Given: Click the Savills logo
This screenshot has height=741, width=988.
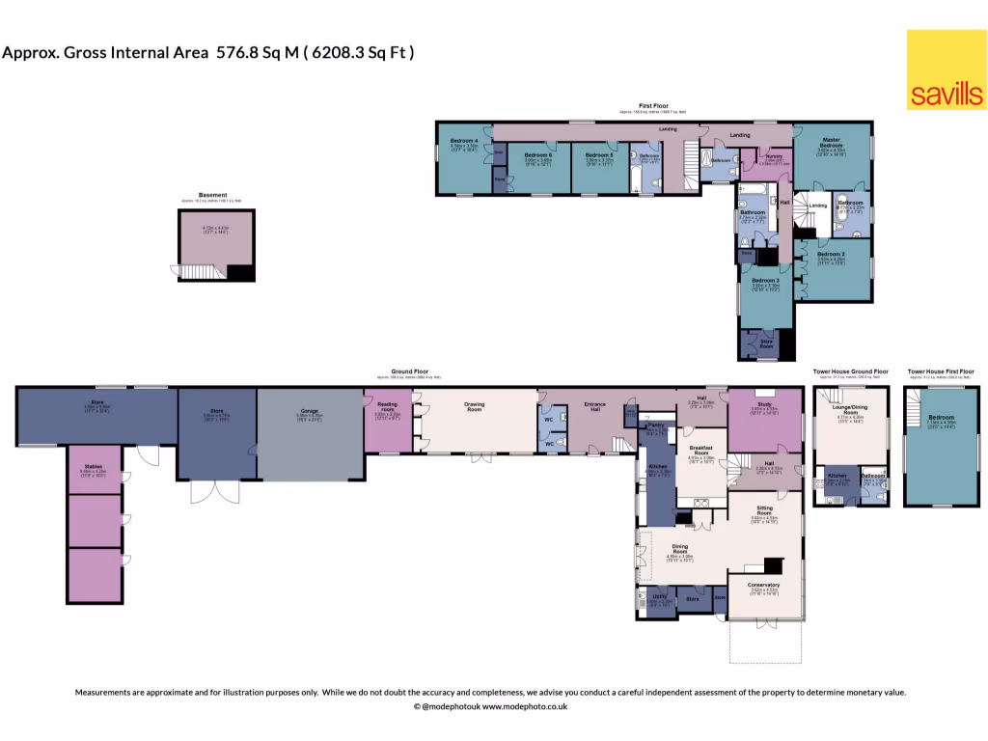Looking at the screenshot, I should pos(946,69).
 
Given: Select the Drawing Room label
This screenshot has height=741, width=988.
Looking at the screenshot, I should pos(474,407).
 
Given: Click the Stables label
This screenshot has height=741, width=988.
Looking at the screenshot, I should pos(93,466).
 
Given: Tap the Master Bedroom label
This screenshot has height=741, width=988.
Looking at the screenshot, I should pos(831,141).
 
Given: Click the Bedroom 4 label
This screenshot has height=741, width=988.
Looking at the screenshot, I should pos(464,142).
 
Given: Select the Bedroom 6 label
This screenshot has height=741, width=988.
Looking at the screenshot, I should pos(537,154).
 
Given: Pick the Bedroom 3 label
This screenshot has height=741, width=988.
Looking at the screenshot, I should pos(766,280).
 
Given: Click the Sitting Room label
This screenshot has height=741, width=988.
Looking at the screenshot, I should pos(764,508).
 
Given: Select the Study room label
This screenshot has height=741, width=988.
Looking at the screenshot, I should pos(765,404).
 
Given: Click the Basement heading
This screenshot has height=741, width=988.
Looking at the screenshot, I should pos(213,195).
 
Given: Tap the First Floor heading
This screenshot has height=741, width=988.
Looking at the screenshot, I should pos(653,105).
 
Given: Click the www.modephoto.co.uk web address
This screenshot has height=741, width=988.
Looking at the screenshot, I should pos(524,707).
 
